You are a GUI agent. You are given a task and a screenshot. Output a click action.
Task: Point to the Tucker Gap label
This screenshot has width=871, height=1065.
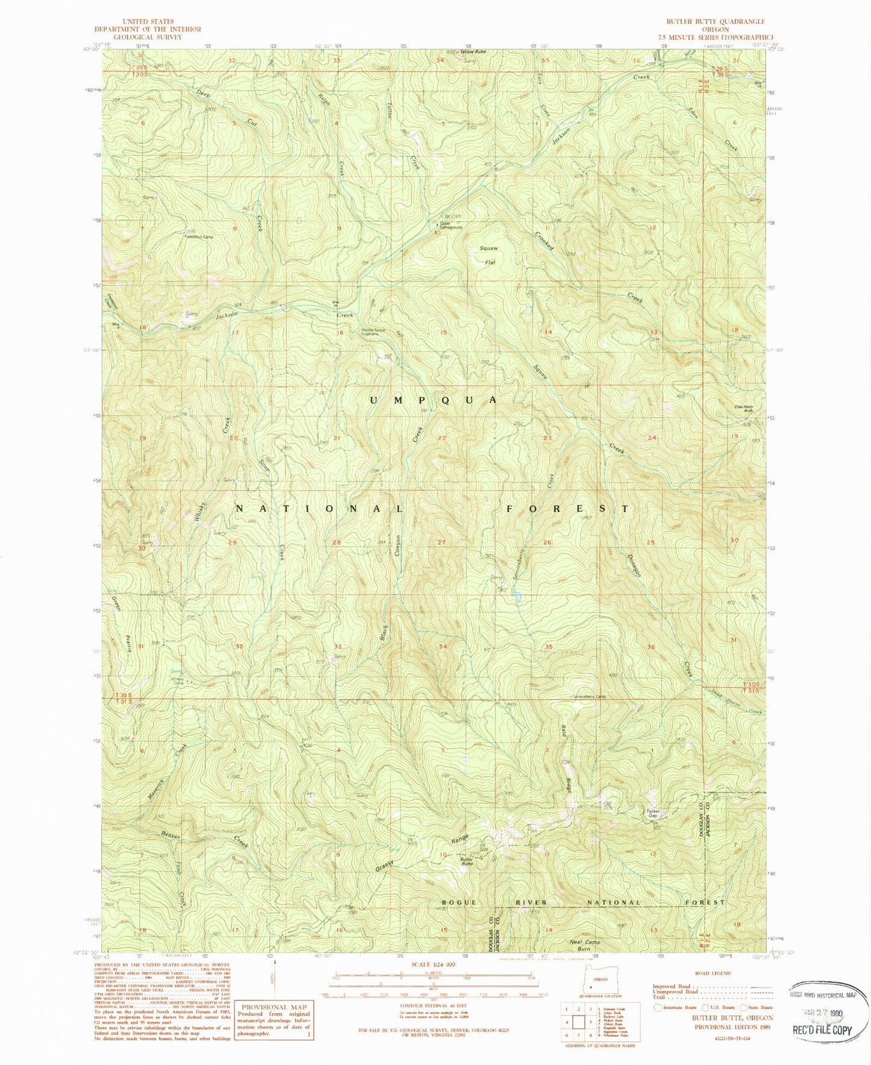(653, 813)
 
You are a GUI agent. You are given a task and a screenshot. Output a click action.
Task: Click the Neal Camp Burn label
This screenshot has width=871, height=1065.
(584, 944)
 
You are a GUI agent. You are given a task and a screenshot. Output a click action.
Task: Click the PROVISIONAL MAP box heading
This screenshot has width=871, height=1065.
(274, 1007)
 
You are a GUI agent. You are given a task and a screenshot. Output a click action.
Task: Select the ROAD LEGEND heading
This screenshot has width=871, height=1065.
(712, 973)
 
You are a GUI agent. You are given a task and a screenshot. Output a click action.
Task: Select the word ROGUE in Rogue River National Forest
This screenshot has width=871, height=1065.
(460, 902)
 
